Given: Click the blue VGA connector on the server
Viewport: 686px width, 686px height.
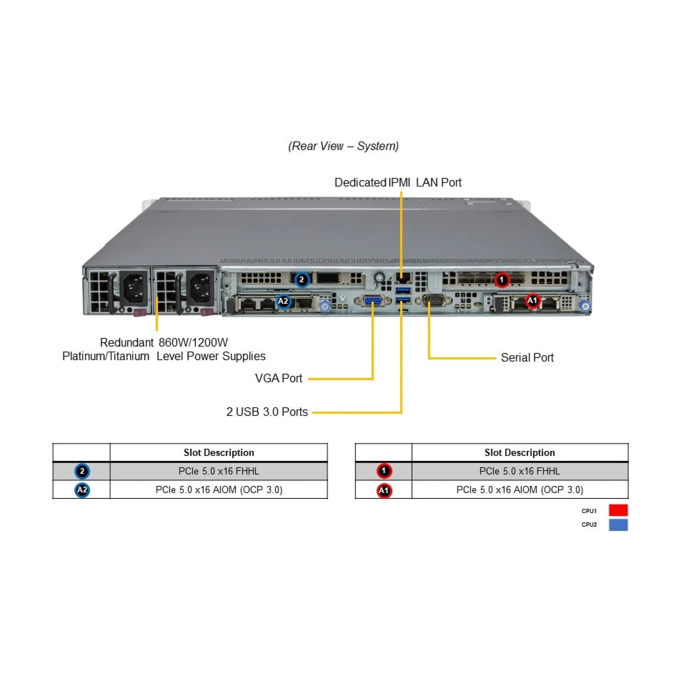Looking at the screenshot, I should coord(373,301).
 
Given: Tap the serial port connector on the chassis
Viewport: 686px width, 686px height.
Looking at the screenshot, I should coord(434,301).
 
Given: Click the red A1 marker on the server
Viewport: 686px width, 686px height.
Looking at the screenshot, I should coord(532,300).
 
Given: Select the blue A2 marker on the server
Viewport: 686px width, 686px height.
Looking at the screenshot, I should coord(283,301).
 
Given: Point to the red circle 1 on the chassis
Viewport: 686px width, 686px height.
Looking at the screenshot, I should coord(502,280).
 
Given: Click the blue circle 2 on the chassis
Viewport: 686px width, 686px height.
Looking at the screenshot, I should coord(302,279).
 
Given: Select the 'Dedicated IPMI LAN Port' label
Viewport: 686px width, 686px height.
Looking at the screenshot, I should coord(398,183).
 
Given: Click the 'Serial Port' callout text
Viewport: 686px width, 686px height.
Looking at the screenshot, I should coord(527,358).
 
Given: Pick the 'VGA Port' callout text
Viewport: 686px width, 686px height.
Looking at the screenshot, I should coord(278,378).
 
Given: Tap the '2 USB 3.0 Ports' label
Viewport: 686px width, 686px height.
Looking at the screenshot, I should coord(267,412).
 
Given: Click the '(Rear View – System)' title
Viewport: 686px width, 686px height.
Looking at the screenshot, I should coord(343,146).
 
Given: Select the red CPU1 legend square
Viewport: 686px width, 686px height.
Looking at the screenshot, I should coord(618,510).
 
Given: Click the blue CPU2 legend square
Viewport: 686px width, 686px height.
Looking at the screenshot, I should coord(618,525).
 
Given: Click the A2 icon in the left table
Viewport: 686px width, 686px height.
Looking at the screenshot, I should coord(82,489).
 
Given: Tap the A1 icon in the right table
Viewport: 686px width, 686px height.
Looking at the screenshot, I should coord(384,490).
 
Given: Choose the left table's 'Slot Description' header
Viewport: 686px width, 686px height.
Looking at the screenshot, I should coord(219,453).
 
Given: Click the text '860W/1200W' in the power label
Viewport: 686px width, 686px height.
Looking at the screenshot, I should coord(193,343).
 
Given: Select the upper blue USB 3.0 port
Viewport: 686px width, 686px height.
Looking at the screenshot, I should coord(403,290).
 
